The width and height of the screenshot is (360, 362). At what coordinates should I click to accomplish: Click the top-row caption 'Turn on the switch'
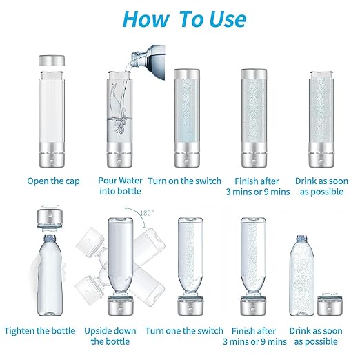pos(185,181)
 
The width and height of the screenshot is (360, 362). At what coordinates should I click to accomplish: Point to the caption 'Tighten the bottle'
pos(40,330)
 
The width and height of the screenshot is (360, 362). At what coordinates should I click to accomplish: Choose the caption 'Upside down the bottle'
pos(111,336)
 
